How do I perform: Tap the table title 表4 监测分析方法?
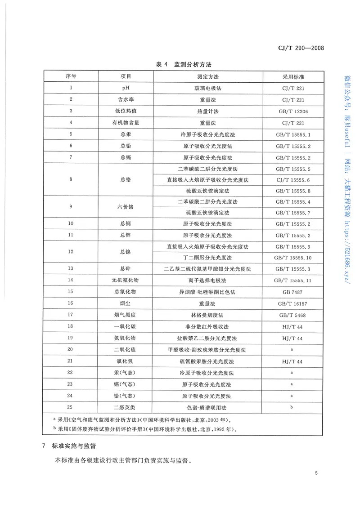point(180,65)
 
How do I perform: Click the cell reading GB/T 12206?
point(293,111)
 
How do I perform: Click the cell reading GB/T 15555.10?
point(293,258)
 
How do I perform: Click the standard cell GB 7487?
point(293,292)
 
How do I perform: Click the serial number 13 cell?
point(70,269)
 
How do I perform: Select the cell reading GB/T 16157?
point(293,303)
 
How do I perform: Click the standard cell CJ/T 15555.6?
point(293,179)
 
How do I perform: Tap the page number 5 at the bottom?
point(317,473)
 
